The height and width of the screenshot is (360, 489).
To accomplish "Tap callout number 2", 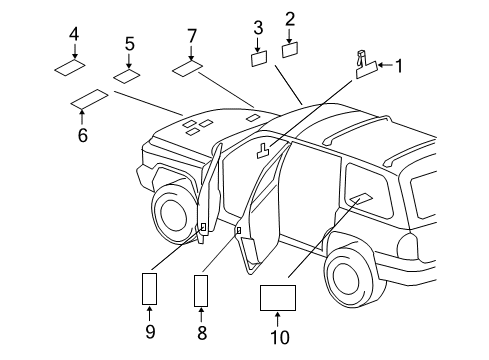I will click(x=290, y=18).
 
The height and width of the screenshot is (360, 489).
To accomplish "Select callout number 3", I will click(x=258, y=27).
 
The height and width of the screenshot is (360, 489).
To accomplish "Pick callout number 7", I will click(x=192, y=36).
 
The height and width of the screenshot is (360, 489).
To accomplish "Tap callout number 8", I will click(x=201, y=330).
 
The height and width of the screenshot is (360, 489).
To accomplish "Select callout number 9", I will click(x=149, y=330).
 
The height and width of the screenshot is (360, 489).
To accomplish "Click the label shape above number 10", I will click(x=277, y=298).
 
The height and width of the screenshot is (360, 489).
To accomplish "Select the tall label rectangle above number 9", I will click(x=149, y=289).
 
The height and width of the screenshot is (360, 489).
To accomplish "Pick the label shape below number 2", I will click(x=291, y=48).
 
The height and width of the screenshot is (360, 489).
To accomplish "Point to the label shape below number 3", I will click(x=259, y=58).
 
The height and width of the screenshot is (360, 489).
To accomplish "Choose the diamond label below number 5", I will click(x=127, y=76).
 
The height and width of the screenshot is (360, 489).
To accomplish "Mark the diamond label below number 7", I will click(x=188, y=70).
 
